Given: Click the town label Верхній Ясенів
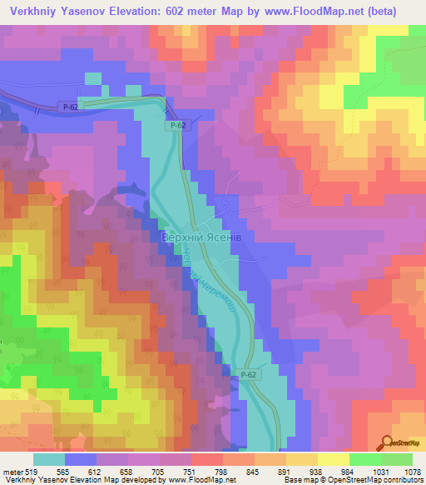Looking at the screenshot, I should point(201,237).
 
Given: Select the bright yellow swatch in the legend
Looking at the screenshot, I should point(333,458).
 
